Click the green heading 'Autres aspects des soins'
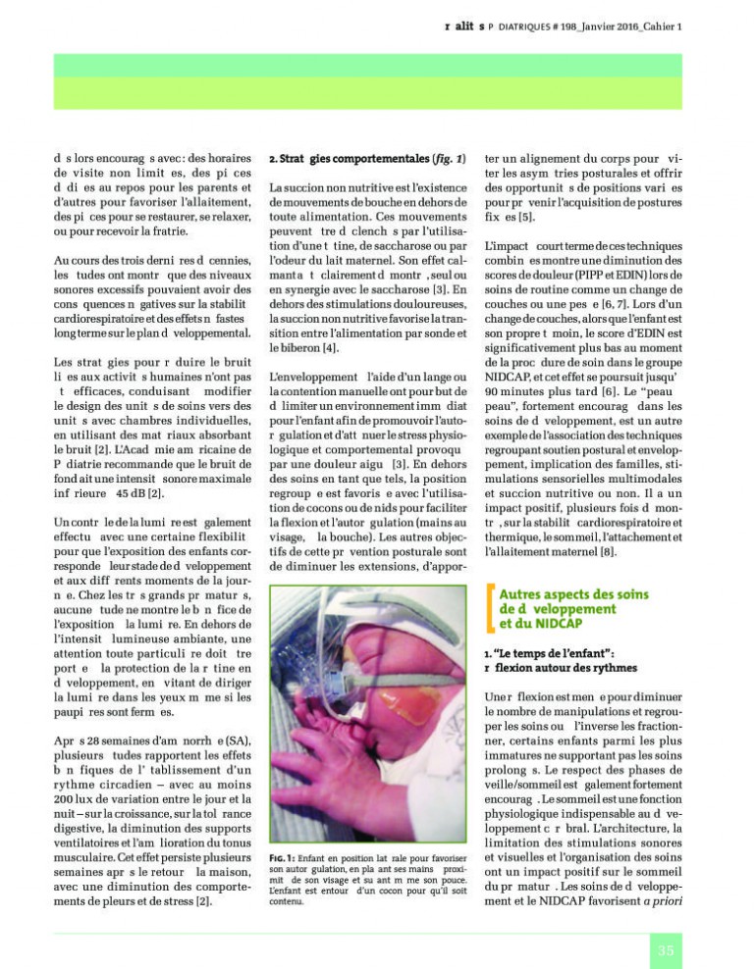click(581, 594)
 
